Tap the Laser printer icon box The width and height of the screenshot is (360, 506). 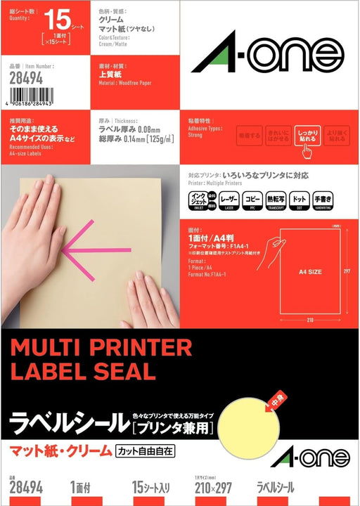[x=229, y=200]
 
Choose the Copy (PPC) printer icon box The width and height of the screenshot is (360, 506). [x=253, y=200]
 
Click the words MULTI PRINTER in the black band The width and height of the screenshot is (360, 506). [x=101, y=347]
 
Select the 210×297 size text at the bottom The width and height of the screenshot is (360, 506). [x=213, y=486]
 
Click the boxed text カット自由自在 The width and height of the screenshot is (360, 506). [x=144, y=450]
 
